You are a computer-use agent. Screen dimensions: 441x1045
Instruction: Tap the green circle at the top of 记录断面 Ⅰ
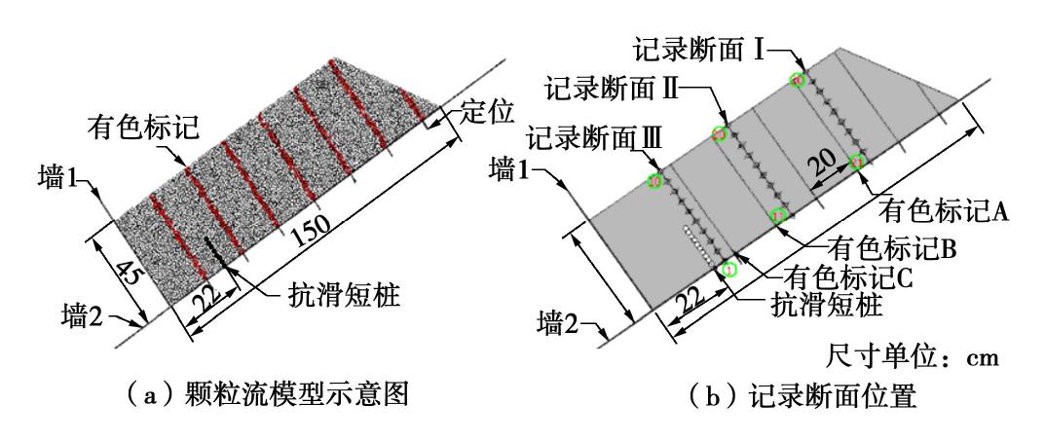798,80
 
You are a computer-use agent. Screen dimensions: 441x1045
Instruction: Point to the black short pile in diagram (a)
215,251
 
